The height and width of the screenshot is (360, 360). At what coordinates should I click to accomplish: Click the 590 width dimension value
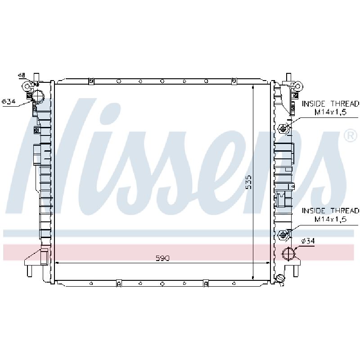(162, 258)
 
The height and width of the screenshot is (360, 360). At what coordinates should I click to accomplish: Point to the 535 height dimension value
(248, 182)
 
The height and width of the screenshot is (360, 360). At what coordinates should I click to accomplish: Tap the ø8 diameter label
(22, 75)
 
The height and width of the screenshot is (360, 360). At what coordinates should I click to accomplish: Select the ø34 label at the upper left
(9, 101)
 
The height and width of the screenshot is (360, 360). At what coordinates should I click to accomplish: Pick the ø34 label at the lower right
(308, 241)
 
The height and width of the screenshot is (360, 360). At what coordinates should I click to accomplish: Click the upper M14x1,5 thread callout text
(330, 112)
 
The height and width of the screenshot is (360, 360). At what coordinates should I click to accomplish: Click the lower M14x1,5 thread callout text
(330, 219)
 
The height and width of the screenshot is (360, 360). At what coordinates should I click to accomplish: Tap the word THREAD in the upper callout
(345, 104)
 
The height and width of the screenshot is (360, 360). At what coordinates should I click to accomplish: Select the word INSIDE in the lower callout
(313, 211)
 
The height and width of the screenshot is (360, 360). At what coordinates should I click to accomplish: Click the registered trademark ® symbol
(351, 136)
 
